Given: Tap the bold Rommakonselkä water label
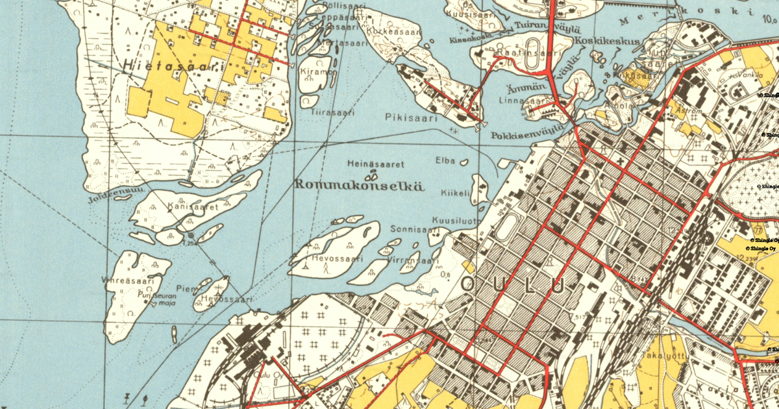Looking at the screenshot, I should click(359, 184).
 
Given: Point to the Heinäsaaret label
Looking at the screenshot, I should click(376, 164).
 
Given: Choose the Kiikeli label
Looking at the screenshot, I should click(454, 193).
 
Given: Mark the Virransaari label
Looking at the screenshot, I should click(408, 261).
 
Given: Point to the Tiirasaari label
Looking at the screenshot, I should click(333, 112).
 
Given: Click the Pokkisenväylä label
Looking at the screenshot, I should click(526, 136).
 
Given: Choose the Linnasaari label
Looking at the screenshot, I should click(521, 101).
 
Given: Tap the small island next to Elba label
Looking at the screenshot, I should click(464, 161).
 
